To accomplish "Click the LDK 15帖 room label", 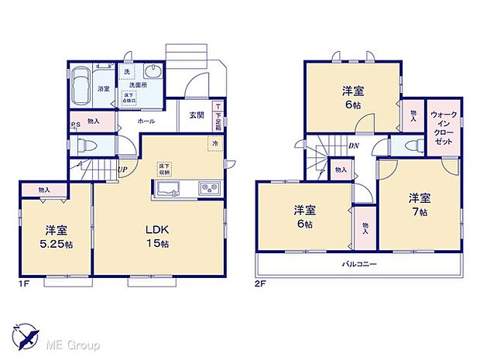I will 159,235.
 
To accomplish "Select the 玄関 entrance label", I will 196,115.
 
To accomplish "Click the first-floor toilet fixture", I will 83,145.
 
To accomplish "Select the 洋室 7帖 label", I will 420,203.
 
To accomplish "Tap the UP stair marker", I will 122,170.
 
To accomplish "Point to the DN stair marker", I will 352,145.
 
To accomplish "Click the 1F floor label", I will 24,285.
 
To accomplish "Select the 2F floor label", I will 261,285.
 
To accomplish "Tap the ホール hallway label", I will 146,122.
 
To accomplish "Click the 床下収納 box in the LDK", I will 164,168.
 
